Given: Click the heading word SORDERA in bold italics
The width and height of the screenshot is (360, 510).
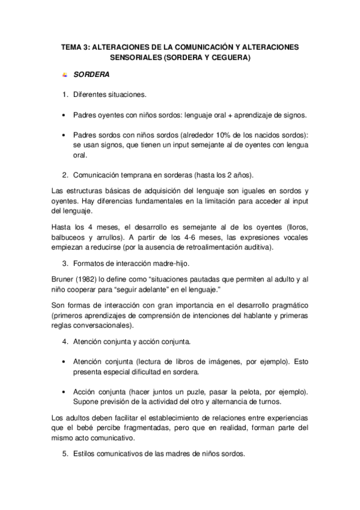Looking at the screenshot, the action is [91, 77].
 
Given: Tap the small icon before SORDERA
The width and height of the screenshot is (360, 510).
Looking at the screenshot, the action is [65, 77].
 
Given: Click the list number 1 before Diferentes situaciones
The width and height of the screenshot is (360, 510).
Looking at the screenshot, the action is [65, 95].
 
